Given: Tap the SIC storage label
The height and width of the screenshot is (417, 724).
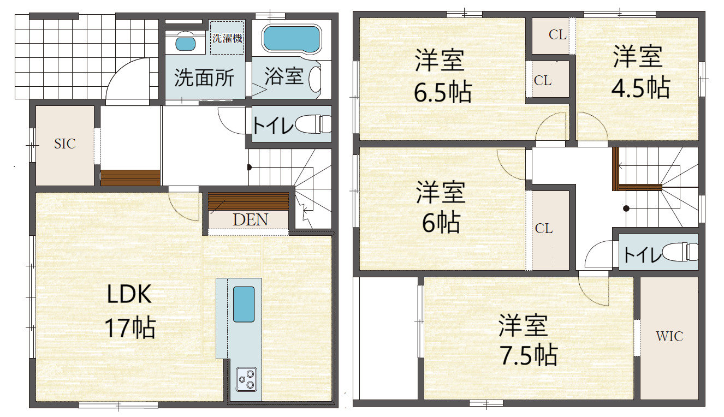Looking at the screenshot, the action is click(65, 144).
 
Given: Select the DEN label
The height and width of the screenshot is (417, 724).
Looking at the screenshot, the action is click(251, 220).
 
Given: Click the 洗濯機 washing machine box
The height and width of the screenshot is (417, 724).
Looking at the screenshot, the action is click(227, 38).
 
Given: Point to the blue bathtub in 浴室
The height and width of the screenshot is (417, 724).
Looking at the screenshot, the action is click(292, 39).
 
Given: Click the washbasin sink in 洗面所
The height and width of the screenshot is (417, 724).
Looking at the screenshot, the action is click(185, 43).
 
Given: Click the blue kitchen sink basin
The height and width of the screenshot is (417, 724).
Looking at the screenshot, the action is click(244, 304).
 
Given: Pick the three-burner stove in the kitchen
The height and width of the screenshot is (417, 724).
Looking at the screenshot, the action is click(246, 379).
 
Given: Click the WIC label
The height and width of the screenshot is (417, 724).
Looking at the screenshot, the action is click(669, 337).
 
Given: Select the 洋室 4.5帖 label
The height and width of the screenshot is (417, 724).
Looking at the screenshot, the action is click(640, 72).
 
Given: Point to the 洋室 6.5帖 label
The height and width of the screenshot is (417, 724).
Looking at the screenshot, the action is click(442, 75).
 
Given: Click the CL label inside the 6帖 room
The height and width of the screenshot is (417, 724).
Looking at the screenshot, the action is click(544, 229).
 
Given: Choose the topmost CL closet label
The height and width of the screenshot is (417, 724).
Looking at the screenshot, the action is click(557, 35).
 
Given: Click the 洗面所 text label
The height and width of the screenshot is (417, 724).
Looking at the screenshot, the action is click(204, 78).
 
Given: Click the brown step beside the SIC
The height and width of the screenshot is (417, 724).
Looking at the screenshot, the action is click(130, 177).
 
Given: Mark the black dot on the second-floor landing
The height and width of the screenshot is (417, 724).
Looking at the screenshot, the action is click(626, 208).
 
